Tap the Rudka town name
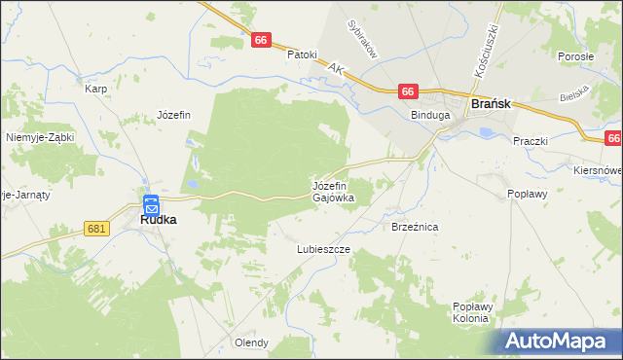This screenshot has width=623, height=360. click(x=158, y=220)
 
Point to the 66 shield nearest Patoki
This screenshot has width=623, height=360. click(x=260, y=40)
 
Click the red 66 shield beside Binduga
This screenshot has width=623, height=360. click(x=408, y=91)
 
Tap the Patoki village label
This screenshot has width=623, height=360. click(x=302, y=54)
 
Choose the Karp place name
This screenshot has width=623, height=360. click(x=95, y=89)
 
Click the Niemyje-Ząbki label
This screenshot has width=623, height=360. click(x=40, y=137)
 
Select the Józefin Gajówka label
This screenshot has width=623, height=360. click(x=333, y=191)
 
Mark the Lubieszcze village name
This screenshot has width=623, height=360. click(x=323, y=249)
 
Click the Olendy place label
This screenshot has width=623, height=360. click(x=251, y=342)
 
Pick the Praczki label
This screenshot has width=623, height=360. click(x=531, y=141)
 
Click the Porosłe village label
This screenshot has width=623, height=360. click(x=576, y=56)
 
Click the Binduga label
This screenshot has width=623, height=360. click(x=430, y=115)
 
